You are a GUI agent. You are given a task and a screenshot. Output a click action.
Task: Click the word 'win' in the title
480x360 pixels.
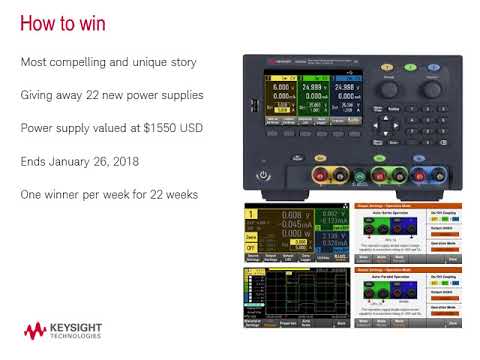(88, 23)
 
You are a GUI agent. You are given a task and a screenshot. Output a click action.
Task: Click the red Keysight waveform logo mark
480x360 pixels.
(36, 331)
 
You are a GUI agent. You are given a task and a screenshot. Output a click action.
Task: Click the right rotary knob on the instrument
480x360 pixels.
(431, 90)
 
